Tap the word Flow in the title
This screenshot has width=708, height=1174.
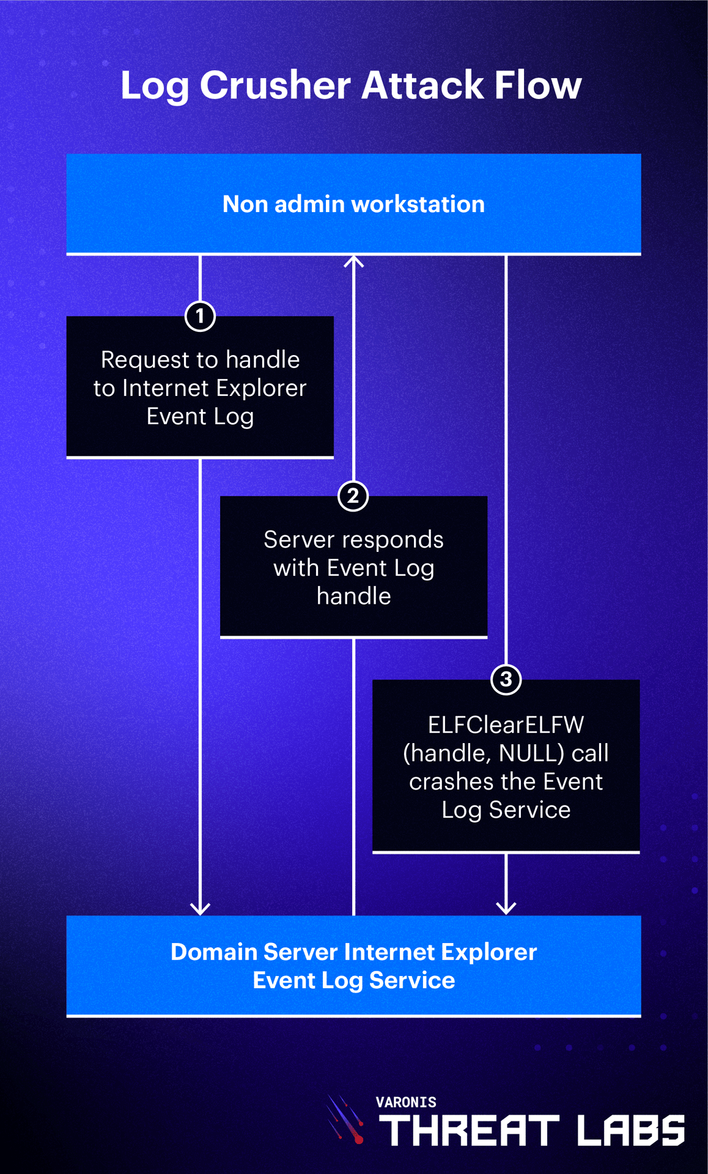point(537,85)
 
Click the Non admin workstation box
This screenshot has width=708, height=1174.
point(353,204)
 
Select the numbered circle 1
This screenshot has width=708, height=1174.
point(200,316)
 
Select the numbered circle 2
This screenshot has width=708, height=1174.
point(353,496)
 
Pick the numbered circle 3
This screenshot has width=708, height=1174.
point(506,679)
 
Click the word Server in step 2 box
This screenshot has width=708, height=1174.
point(292,540)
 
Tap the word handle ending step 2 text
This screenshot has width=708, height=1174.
point(353,596)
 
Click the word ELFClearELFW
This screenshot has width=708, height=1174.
point(506,725)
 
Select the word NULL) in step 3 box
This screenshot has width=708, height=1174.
point(531,753)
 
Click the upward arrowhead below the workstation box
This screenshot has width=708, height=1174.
point(353,262)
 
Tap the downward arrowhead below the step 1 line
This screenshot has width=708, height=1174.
point(200,908)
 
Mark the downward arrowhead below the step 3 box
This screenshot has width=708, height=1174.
point(506,908)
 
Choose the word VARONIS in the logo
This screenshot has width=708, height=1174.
point(406,1102)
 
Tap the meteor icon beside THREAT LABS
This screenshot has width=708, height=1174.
point(346,1120)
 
